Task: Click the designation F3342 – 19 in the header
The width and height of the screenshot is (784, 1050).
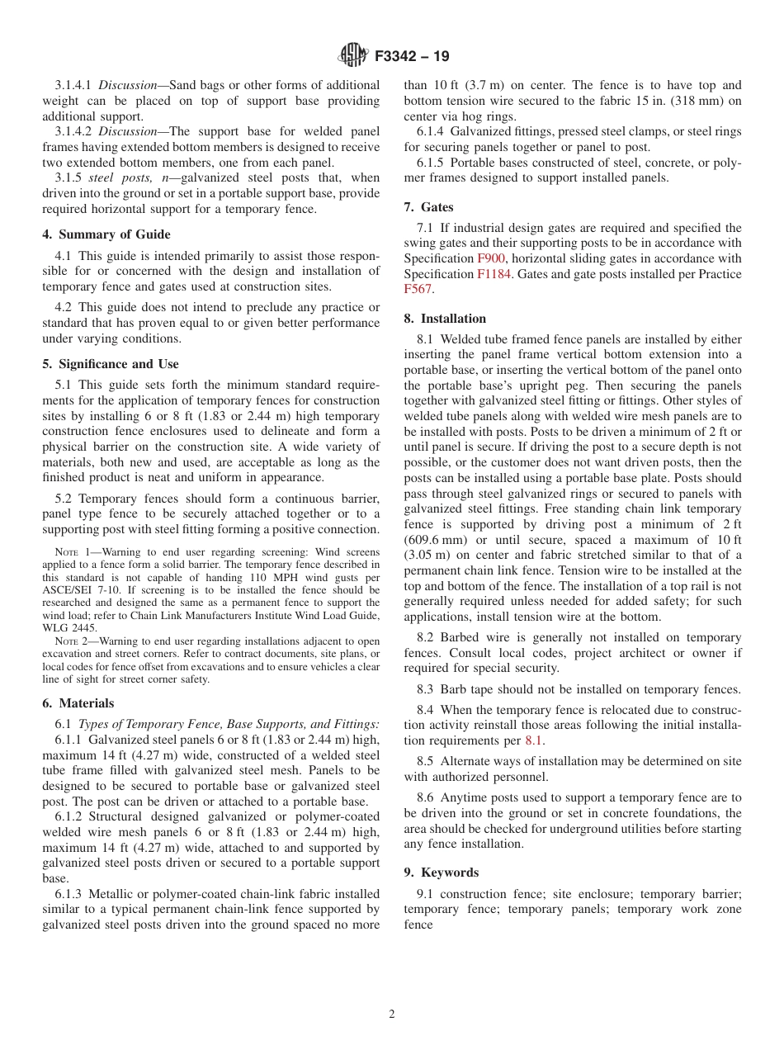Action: coord(412,57)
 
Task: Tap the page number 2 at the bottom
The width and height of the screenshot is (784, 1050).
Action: coord(392,1014)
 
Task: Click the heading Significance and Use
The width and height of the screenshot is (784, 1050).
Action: coord(110,364)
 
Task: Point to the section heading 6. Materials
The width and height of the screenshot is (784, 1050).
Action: coord(78,703)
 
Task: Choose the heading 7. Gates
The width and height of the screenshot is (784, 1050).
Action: coord(428,207)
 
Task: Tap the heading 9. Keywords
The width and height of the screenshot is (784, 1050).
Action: coord(441,873)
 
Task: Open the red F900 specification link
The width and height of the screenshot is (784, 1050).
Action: coord(490,258)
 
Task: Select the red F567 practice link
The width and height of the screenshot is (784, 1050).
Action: coord(418,289)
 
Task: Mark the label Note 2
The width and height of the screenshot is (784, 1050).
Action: coord(71,641)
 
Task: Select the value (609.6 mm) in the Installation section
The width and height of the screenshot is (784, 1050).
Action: coord(436,540)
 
